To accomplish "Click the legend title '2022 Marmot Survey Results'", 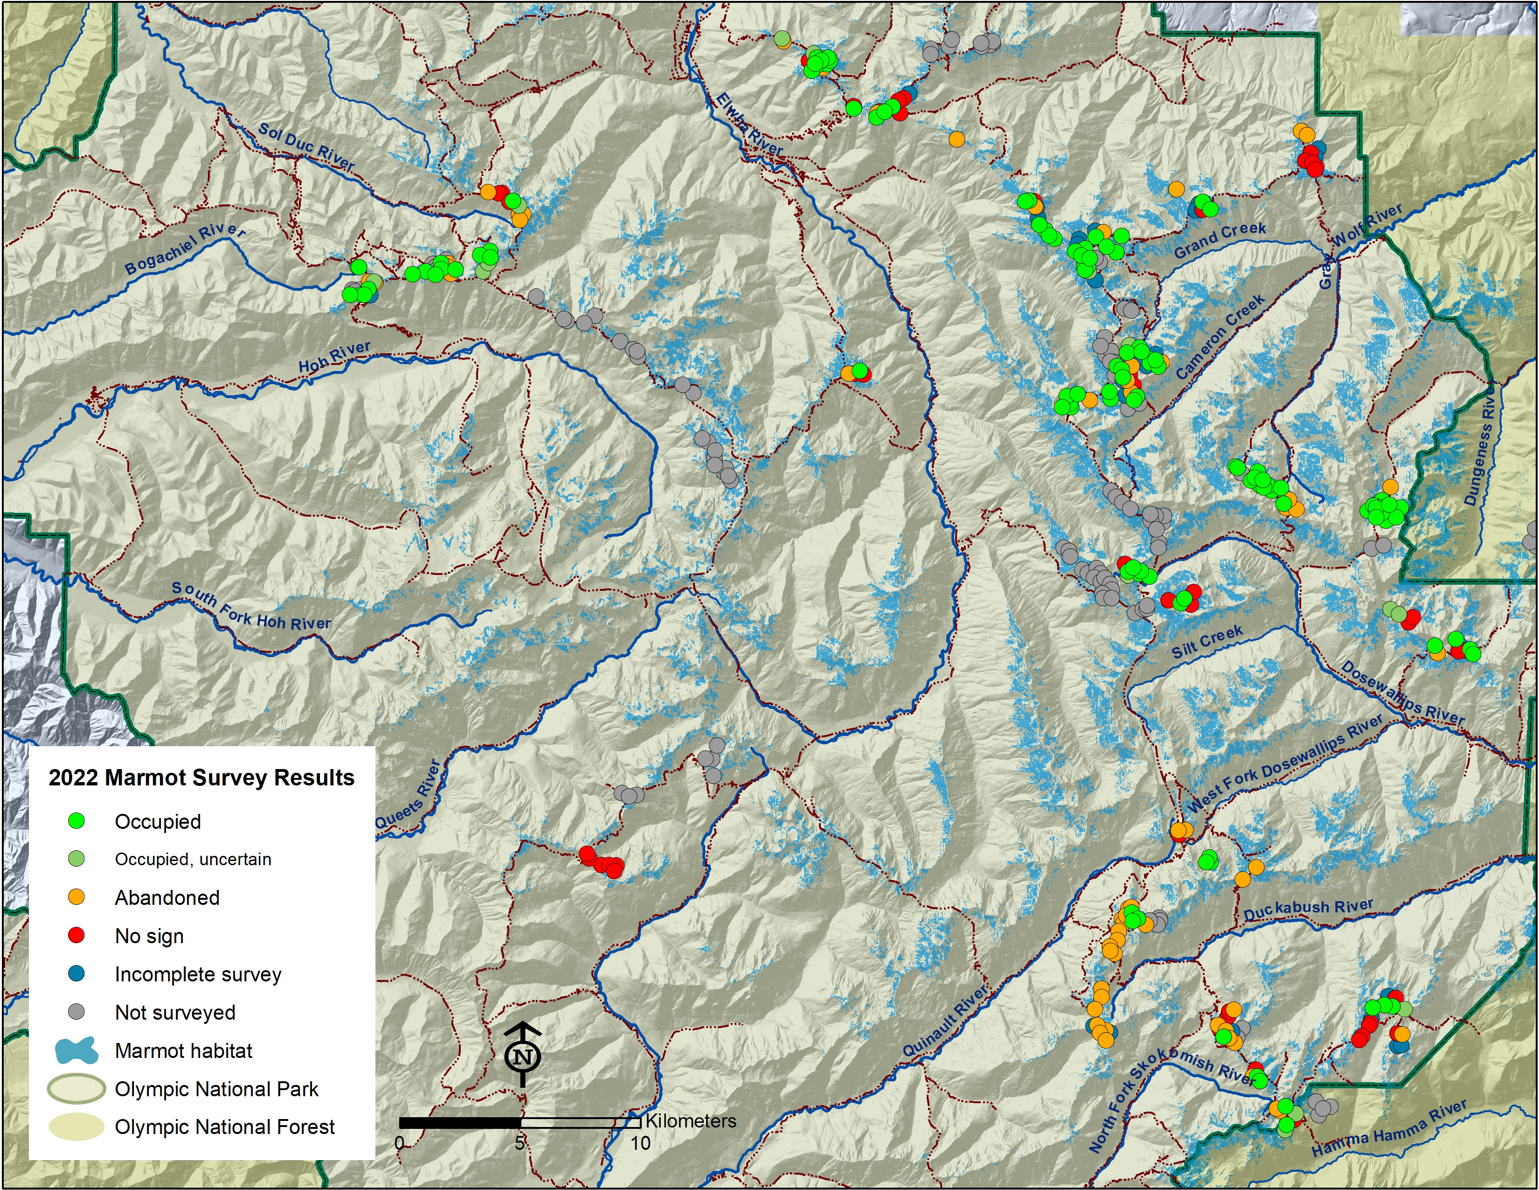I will pos(201,777).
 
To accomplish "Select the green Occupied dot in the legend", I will pos(76,820).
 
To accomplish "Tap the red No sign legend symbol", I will pos(76,936).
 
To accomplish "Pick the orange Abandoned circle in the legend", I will pos(76,897).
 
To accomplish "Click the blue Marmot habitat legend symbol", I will pos(76,1050).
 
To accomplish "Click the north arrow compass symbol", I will pos(523,1055).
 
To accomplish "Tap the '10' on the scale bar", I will pos(640,1143).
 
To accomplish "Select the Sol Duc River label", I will pos(306,146).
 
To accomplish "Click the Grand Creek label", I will pos(1220,239).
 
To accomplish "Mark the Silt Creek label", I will pos(1207,642).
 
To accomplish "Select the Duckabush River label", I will pos(1308,910).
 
